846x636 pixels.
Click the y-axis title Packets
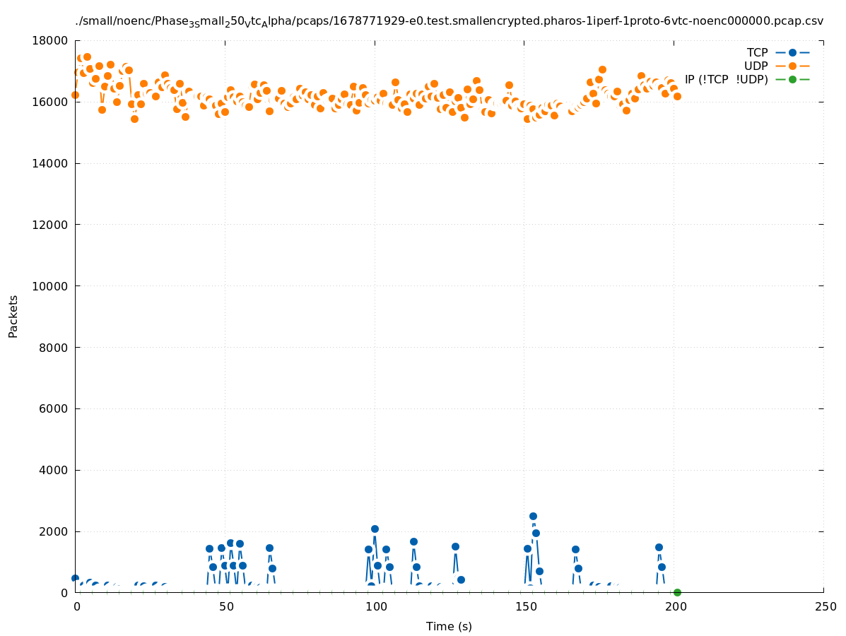coord(13,316)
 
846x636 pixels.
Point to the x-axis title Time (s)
coord(449,626)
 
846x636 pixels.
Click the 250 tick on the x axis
coord(824,607)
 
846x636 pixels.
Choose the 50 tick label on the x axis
coord(226,607)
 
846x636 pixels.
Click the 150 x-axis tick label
coord(525,607)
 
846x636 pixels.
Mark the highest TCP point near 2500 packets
coord(533,516)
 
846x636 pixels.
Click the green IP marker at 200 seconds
coord(677,592)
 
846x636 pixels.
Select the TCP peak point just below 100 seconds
coord(375,529)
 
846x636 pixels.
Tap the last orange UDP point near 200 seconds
coord(677,96)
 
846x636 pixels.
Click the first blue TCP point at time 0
coord(75,578)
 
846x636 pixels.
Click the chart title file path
coord(449,21)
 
